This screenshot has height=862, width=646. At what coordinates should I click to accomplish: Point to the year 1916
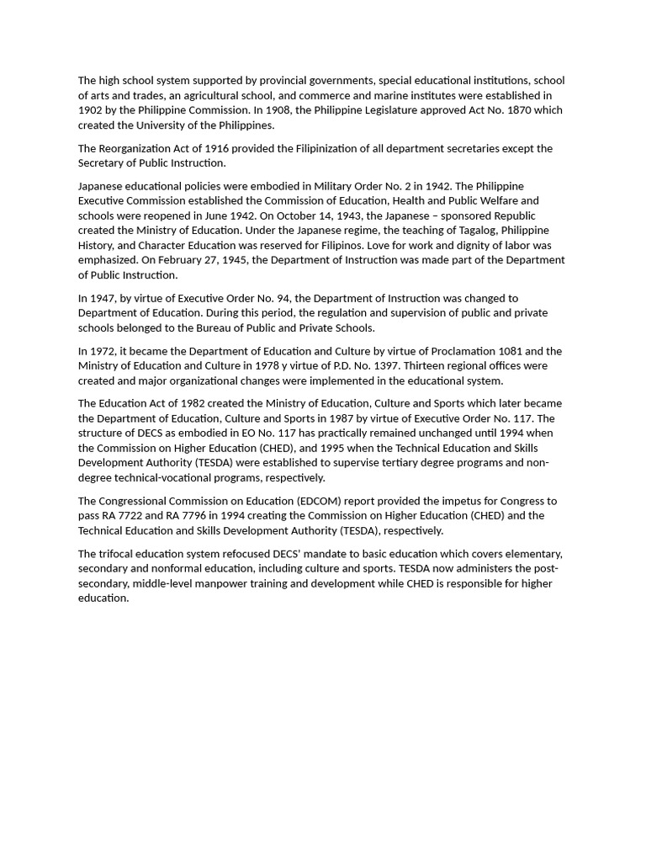tap(217, 148)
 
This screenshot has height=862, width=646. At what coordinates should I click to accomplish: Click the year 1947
tap(103, 298)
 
